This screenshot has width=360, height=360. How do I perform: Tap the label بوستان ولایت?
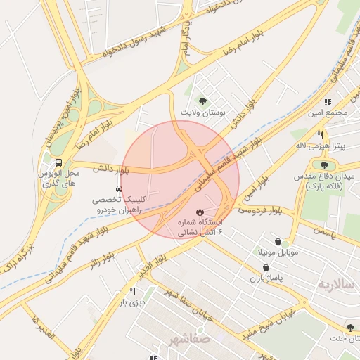click(x=204, y=112)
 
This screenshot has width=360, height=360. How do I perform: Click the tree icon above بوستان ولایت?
click(x=204, y=102)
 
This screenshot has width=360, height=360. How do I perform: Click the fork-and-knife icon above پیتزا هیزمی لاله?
click(x=320, y=135)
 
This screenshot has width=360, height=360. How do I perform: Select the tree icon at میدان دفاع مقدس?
click(x=324, y=165)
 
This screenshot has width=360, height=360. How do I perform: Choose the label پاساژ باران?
click(x=266, y=278)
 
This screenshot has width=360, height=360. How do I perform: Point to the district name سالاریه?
click(x=333, y=285)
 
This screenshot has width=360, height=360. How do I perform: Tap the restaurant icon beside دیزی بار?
click(x=132, y=291)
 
